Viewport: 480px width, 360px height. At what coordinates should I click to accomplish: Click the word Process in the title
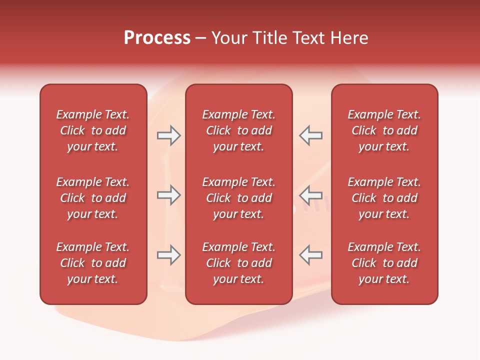(x=157, y=38)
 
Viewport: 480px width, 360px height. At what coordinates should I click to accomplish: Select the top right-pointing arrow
(x=169, y=135)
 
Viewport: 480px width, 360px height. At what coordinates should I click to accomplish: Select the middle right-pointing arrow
(x=169, y=195)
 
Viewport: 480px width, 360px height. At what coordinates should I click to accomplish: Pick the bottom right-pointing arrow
(x=169, y=255)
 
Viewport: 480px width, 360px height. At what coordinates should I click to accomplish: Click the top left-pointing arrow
(x=310, y=135)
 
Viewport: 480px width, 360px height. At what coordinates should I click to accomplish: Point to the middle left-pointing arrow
(x=310, y=195)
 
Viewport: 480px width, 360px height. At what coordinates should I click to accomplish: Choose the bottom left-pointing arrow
(x=310, y=255)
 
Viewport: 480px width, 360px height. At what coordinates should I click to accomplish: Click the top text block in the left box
(x=93, y=130)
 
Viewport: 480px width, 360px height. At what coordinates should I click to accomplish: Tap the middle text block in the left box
(x=93, y=198)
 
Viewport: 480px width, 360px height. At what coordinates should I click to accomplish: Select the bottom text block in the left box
(x=93, y=263)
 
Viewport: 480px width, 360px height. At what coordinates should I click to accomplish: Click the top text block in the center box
(x=238, y=130)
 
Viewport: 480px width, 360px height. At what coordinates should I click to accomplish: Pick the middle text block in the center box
(x=238, y=198)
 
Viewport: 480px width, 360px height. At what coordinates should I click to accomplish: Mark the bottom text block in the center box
(x=238, y=263)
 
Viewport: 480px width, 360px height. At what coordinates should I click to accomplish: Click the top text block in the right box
(x=384, y=130)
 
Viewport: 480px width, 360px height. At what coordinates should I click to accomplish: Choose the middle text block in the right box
(x=384, y=198)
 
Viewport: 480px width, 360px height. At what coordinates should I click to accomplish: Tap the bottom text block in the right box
(x=384, y=263)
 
